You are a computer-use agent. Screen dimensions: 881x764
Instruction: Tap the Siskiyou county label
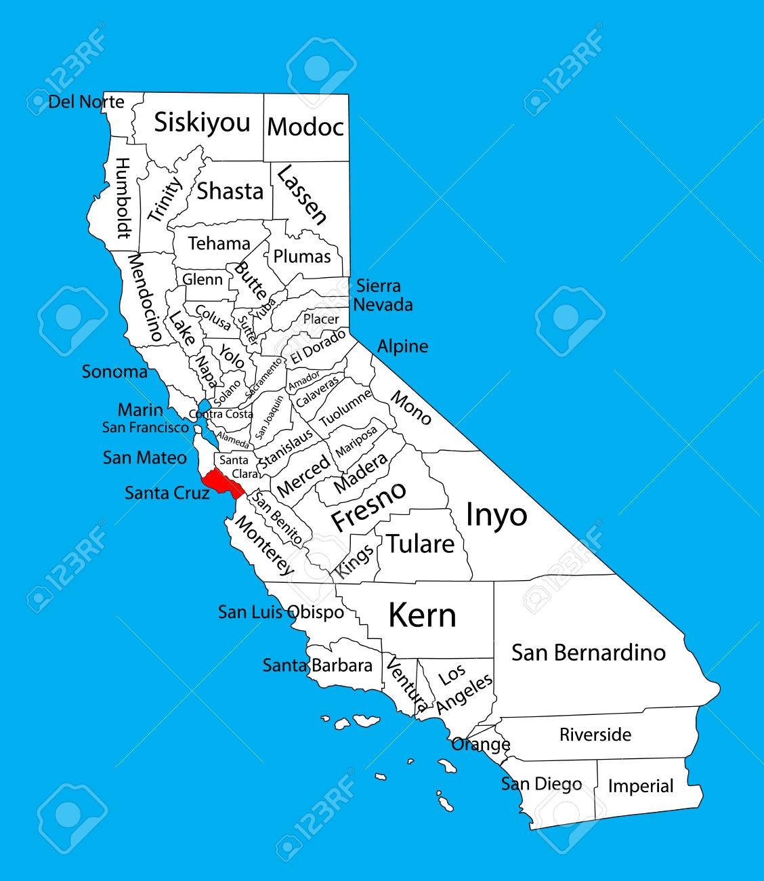[202, 123]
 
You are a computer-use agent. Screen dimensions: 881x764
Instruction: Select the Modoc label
[305, 127]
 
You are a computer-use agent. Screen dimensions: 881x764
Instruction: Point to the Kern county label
[422, 615]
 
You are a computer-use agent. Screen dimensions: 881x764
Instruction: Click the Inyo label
[496, 515]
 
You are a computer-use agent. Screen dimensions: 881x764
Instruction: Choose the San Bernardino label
[589, 653]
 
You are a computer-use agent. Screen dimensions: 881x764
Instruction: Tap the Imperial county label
[640, 786]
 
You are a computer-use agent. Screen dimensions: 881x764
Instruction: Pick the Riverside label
[595, 735]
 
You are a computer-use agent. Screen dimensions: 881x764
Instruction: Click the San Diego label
[541, 784]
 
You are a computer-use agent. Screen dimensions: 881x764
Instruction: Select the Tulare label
[420, 544]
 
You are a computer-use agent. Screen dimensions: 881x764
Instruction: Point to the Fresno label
[368, 506]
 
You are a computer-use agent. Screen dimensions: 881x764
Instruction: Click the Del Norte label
[87, 102]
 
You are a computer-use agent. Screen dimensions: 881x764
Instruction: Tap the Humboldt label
[123, 198]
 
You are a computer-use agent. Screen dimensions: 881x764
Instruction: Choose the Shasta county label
[230, 191]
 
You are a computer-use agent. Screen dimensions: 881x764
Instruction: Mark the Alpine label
[402, 346]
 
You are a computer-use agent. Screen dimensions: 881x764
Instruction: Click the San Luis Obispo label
[280, 612]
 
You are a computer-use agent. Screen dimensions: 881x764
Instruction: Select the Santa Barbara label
[318, 665]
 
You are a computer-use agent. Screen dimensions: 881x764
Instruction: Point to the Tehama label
[219, 243]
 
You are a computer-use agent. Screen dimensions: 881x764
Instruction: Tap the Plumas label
[302, 256]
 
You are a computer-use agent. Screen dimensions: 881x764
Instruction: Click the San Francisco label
[146, 428]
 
